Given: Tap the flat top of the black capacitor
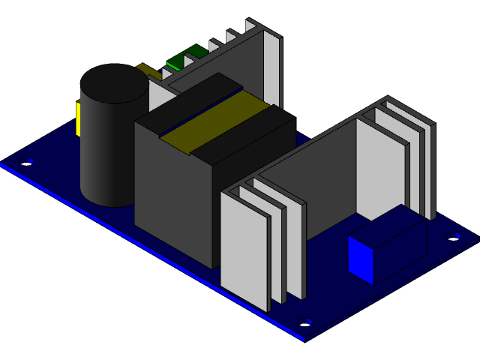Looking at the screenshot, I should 116,82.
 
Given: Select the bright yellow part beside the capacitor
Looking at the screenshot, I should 78,119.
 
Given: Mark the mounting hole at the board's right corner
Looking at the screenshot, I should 453,236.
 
